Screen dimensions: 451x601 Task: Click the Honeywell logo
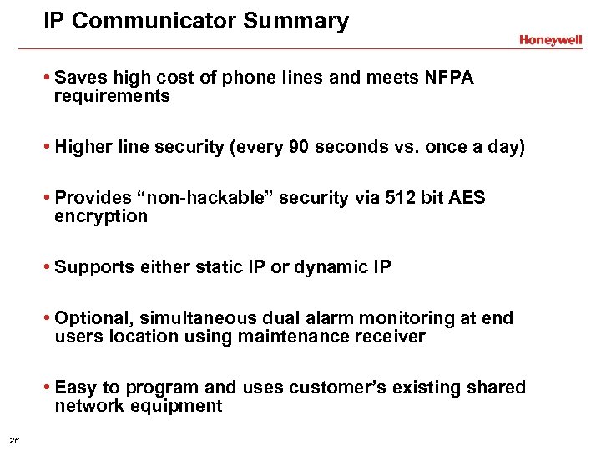[x=550, y=40]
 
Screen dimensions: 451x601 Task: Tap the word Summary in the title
[x=296, y=21]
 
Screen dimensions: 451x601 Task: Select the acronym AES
[x=467, y=198]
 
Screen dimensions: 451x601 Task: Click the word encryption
[x=100, y=216]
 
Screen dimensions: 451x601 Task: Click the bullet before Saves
[x=48, y=79]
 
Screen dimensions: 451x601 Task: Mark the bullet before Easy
[x=48, y=388]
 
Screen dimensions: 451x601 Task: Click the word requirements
[x=112, y=97]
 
